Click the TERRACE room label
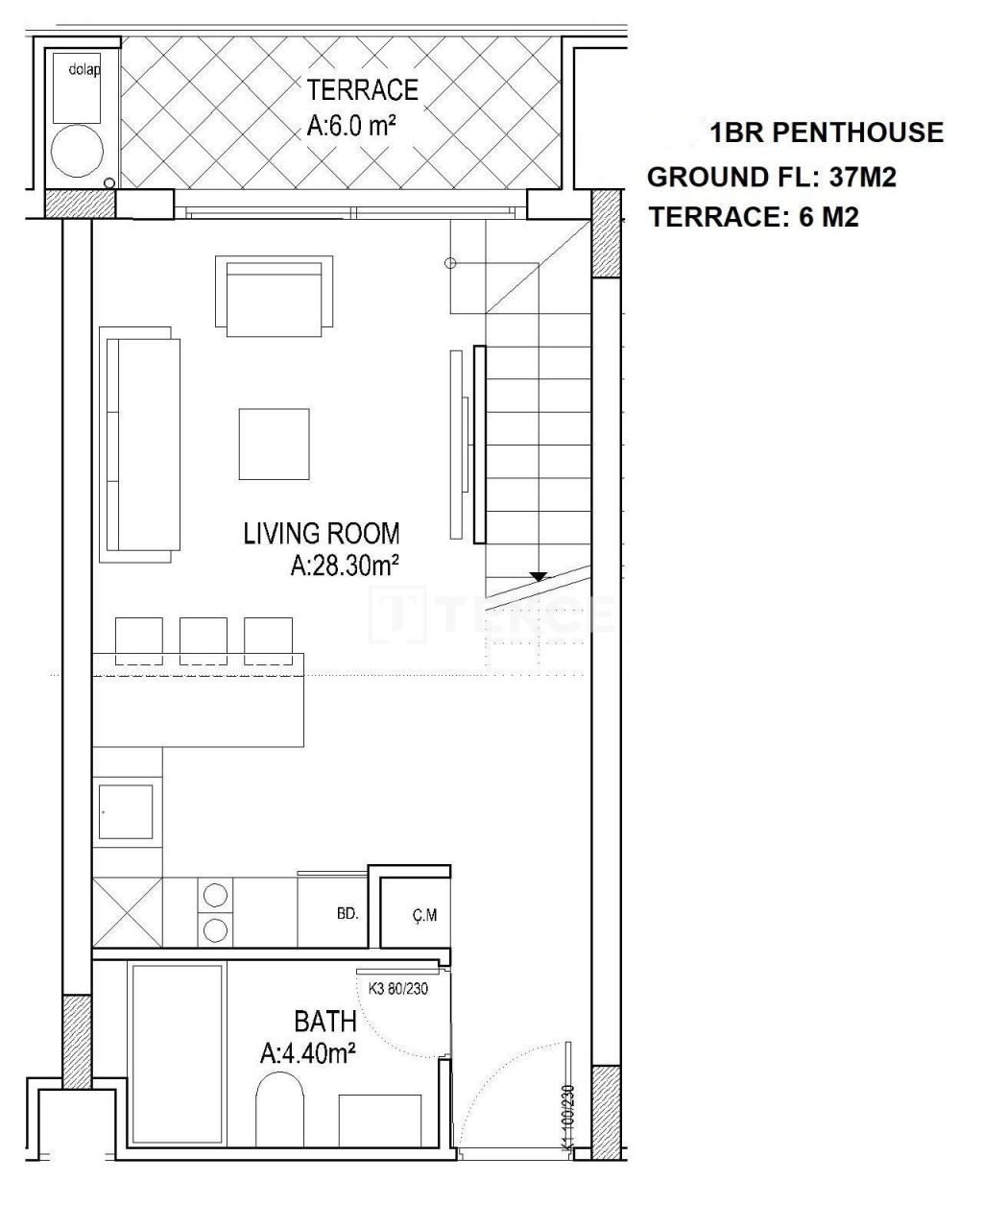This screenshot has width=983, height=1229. click(x=362, y=89)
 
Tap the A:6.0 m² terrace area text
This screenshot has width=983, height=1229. click(x=352, y=127)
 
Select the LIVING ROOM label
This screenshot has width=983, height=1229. click(x=322, y=533)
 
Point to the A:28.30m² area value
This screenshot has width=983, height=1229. click(x=345, y=567)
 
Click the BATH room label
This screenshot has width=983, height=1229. click(x=324, y=1021)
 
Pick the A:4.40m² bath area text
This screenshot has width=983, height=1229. click(x=308, y=1054)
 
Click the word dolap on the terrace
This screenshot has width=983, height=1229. click(x=84, y=69)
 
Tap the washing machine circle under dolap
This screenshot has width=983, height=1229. click(x=77, y=153)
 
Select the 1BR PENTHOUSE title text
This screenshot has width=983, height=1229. click(x=827, y=133)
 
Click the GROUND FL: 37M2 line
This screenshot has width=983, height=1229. click(x=772, y=177)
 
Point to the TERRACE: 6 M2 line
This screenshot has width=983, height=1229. click(x=754, y=218)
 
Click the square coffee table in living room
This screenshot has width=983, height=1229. click(x=274, y=444)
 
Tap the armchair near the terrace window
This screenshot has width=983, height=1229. click(x=274, y=296)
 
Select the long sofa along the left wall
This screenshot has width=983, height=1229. click(x=140, y=444)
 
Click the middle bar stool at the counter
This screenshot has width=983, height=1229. click(x=204, y=640)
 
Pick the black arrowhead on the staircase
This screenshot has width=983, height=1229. click(x=539, y=577)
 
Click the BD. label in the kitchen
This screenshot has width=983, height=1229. click(x=348, y=914)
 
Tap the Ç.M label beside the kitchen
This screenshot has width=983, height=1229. click(x=424, y=916)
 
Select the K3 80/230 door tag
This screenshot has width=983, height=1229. click(x=397, y=989)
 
